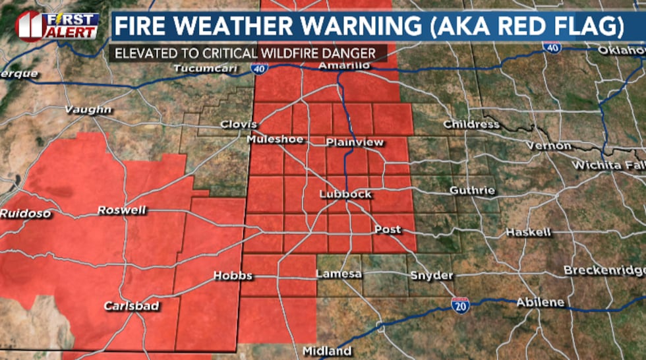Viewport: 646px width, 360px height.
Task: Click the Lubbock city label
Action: pos(345,195)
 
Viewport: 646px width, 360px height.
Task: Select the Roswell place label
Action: pos(122,210)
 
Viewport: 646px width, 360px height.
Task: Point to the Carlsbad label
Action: pos(132,306)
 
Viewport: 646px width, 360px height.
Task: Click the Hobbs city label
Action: pos(233,276)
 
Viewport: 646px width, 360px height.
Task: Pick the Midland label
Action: pos(327,351)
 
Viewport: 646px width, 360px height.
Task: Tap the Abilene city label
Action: pos(540,302)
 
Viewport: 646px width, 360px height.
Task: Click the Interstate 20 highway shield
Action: pos(460,305)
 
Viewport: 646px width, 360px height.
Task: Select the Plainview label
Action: pos(355,142)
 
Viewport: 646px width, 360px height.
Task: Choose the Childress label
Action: pos(471,124)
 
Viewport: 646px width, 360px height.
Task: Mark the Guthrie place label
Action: pos(472,191)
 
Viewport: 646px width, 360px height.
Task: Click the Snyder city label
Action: pos(431,276)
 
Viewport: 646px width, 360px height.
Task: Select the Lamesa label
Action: pos(339,274)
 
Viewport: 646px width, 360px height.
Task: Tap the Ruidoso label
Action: pos(22,213)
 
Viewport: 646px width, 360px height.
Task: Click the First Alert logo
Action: pos(57,26)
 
